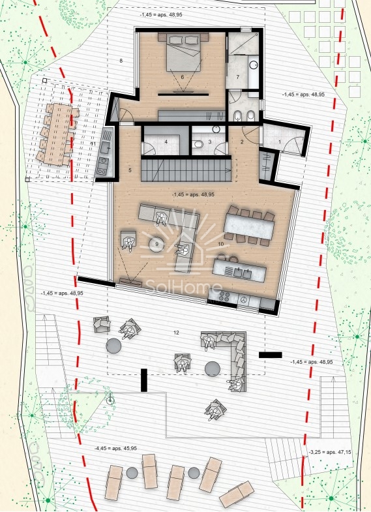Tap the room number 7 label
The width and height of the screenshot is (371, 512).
pyautogui.click(x=238, y=78)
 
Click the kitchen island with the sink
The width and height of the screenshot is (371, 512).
pyautogui.click(x=240, y=268)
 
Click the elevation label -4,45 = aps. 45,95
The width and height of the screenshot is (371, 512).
pyautogui.click(x=115, y=449)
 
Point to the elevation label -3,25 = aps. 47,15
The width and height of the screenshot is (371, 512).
pyautogui.click(x=329, y=451)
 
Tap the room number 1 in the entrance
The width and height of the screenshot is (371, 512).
pyautogui.click(x=280, y=142)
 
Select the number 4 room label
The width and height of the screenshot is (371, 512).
pyautogui.click(x=166, y=142)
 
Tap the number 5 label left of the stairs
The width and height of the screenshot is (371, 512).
pyautogui.click(x=130, y=171)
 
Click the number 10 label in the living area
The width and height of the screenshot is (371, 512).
pyautogui.click(x=221, y=244)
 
